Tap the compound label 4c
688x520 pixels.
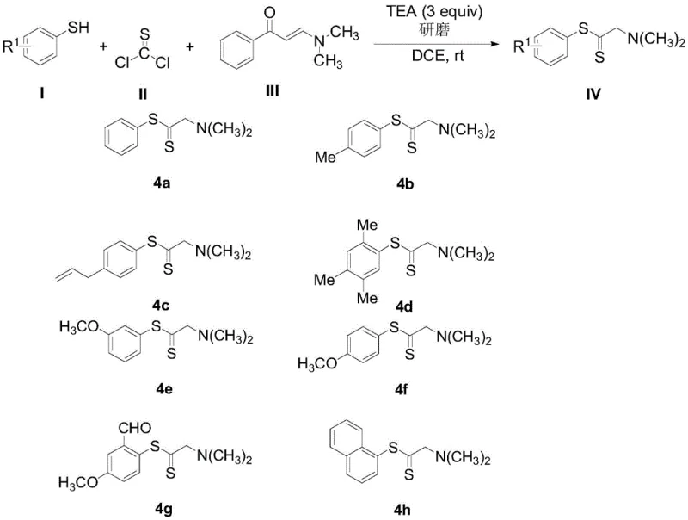pos(183,303)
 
